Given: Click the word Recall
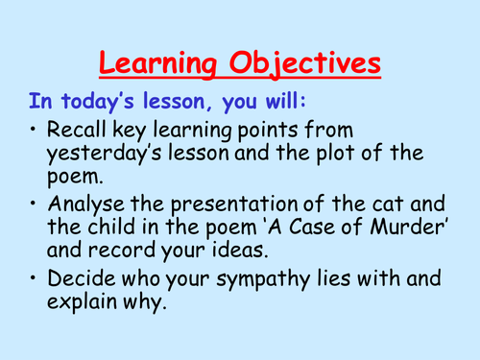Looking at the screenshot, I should coord(82,132).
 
